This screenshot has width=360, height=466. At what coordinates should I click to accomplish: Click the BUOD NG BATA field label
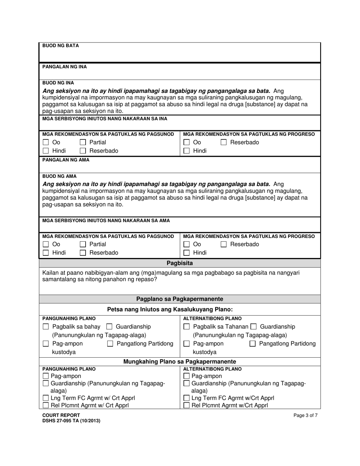pyautogui.click(x=61, y=46)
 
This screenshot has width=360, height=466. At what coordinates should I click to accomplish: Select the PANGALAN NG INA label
pyautogui.click(x=64, y=67)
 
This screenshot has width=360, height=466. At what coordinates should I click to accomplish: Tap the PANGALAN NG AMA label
pyautogui.click(x=66, y=160)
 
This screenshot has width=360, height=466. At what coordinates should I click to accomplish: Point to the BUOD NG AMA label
pyautogui.click(x=59, y=176)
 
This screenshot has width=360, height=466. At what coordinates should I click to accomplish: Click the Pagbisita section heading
pyautogui.click(x=180, y=263)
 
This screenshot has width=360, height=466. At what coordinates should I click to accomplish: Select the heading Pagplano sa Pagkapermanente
pyautogui.click(x=180, y=299)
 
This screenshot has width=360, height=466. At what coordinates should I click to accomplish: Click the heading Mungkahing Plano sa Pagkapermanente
pyautogui.click(x=180, y=362)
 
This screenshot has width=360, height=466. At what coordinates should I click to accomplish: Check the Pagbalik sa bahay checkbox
pyautogui.click(x=46, y=327)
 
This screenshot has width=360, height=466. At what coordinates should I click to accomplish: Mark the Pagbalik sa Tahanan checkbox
pyautogui.click(x=187, y=327)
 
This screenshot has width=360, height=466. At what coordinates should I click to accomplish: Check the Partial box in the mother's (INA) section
pyautogui.click(x=83, y=143)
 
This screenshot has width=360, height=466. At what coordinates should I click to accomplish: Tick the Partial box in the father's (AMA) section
pyautogui.click(x=83, y=244)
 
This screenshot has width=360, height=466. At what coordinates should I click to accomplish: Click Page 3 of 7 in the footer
pyautogui.click(x=305, y=415)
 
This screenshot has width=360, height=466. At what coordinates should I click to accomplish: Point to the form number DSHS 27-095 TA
pyautogui.click(x=71, y=421)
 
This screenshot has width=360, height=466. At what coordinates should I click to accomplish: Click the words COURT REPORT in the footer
pyautogui.click(x=61, y=415)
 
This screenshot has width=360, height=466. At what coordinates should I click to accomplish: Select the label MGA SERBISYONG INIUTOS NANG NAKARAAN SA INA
pyautogui.click(x=105, y=119)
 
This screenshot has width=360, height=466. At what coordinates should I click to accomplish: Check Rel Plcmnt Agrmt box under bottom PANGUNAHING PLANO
pyautogui.click(x=46, y=405)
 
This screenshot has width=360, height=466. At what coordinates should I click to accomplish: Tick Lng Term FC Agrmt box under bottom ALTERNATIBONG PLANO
pyautogui.click(x=187, y=398)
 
